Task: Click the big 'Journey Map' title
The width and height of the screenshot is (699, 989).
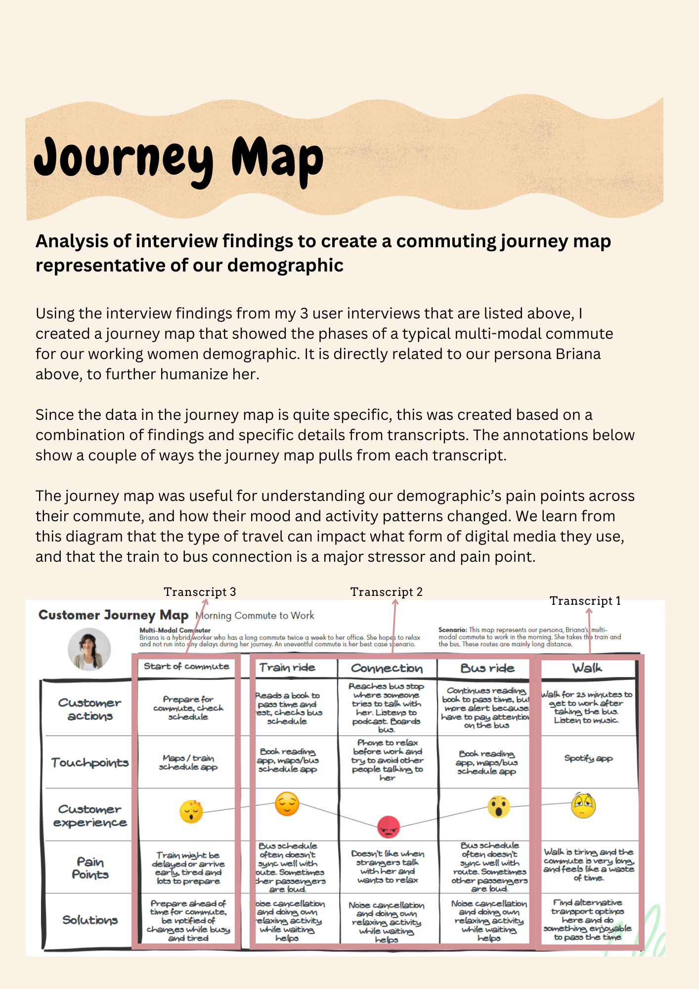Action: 178,158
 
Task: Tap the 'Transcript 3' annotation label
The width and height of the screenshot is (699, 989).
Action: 200,592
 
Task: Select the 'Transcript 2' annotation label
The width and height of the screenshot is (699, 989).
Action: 386,592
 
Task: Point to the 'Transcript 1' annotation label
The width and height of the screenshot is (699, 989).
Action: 585,601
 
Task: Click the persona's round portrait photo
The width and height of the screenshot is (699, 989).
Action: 89,649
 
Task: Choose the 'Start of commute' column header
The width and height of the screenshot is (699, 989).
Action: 186,667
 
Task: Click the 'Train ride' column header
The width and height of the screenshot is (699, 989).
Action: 287,668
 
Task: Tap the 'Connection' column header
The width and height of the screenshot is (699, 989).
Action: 387,669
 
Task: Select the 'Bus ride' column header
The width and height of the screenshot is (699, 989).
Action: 487,669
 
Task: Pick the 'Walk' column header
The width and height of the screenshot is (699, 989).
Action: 587,669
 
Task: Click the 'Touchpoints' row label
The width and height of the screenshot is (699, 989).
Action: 90,763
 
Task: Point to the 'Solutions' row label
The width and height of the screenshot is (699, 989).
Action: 90,920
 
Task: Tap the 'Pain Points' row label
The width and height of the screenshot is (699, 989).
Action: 90,868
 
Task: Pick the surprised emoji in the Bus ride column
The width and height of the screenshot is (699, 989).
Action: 498,807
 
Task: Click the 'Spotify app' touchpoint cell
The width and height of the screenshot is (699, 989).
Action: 588,758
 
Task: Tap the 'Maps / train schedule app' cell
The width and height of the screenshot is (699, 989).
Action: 188,762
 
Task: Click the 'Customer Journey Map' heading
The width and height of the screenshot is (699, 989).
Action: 113,615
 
